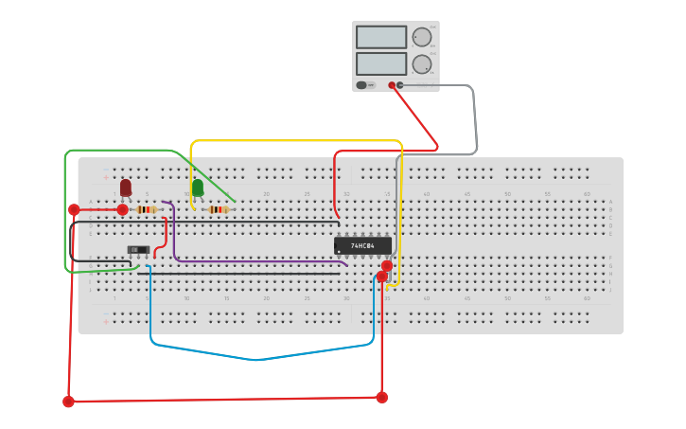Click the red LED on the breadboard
click(126, 187)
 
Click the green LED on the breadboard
click(198, 188)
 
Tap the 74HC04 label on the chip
click(362, 245)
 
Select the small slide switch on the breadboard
click(139, 250)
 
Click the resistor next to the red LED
click(146, 209)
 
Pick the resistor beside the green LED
click(219, 209)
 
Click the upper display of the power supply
click(381, 37)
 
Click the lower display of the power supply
click(381, 64)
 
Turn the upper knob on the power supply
click(421, 37)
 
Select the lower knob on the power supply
click(421, 64)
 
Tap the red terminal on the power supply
click(391, 85)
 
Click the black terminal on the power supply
click(400, 85)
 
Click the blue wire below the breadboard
click(255, 359)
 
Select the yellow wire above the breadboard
click(293, 141)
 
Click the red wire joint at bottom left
click(68, 402)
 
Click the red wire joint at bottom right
click(381, 398)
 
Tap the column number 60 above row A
click(587, 194)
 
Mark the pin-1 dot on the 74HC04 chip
click(340, 252)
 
